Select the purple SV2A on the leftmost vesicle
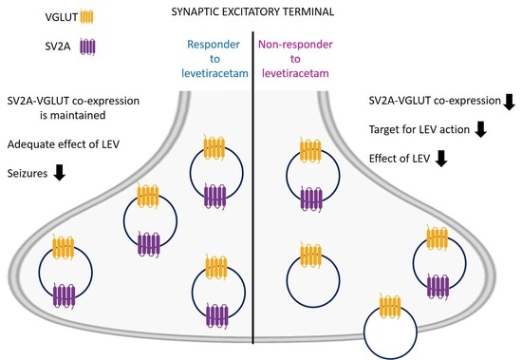[63, 294]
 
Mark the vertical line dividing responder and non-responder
[252, 190]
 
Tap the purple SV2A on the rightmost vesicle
[438, 285]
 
